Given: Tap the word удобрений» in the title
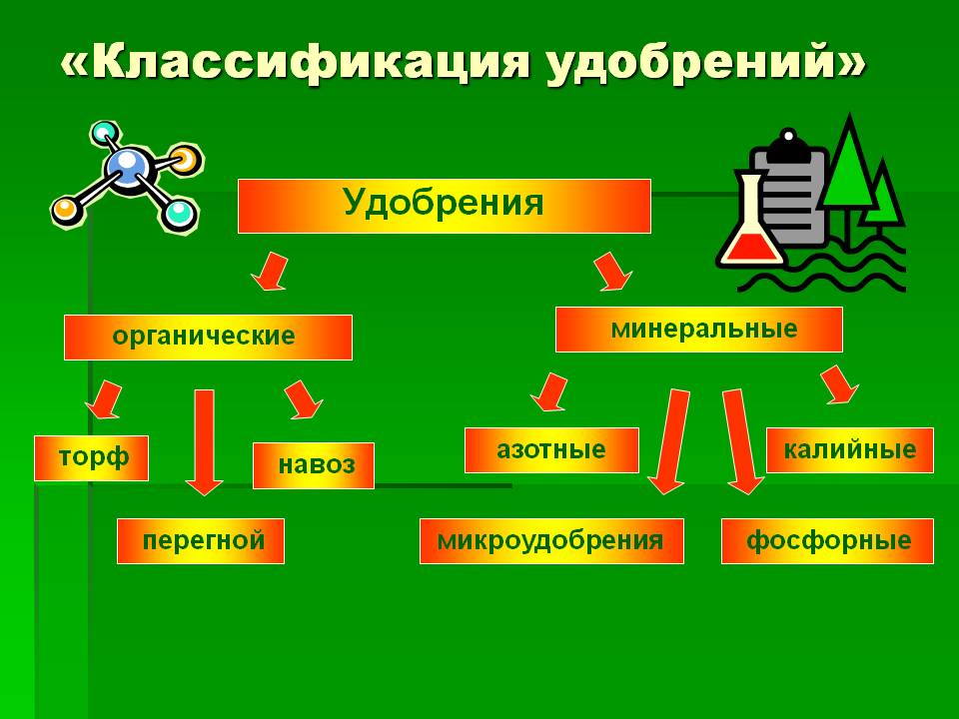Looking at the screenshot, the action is [x=704, y=63].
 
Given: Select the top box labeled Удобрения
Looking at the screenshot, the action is [x=444, y=206].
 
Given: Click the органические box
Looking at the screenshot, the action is [x=208, y=337].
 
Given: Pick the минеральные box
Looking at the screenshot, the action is [x=699, y=330].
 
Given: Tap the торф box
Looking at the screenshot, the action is [x=91, y=458].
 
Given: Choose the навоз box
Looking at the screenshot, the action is [x=313, y=465].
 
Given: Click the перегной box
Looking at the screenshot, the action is [x=201, y=541].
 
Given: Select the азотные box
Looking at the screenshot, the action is [x=551, y=450].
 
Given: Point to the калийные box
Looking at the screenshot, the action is [x=849, y=450].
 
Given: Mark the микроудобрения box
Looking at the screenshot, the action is [x=551, y=541].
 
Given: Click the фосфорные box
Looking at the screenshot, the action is [x=827, y=541].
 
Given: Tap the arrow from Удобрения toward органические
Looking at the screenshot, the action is [x=270, y=271].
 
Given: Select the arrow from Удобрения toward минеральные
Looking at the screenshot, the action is [x=612, y=271].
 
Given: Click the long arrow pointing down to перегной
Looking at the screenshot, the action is [x=204, y=442].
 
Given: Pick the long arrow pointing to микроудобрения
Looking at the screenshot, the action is [x=669, y=440].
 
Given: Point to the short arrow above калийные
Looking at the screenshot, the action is [x=839, y=384].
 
